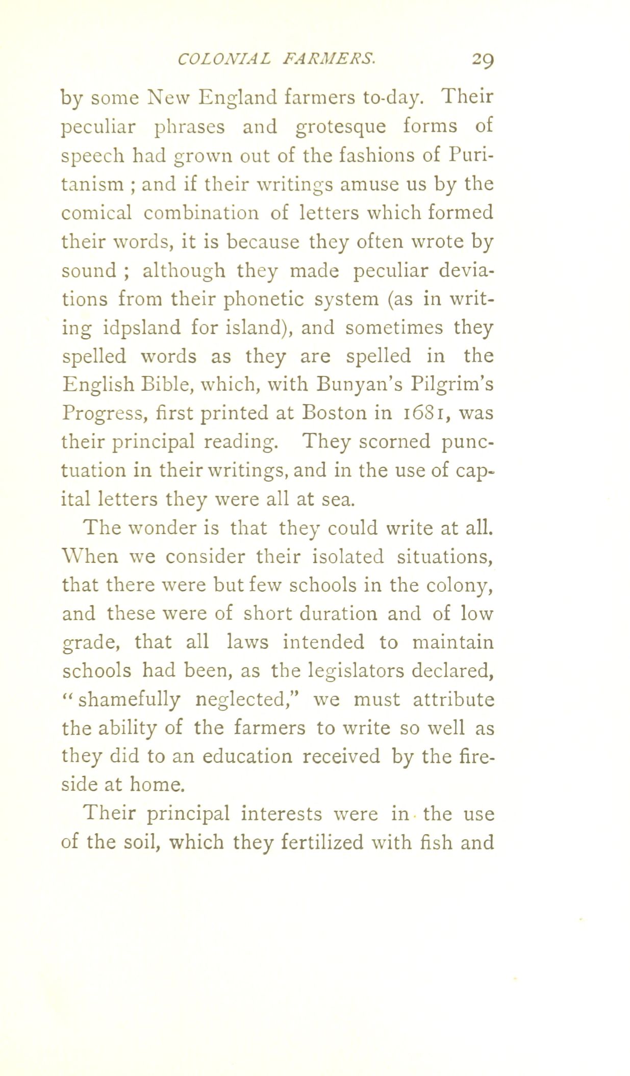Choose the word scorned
[394, 441]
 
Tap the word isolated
[339, 556]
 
